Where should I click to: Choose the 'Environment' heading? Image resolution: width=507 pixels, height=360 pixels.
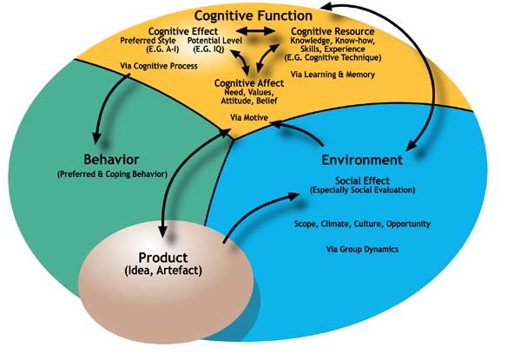(361, 160)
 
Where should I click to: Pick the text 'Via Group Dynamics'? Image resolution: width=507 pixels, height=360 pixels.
(361, 248)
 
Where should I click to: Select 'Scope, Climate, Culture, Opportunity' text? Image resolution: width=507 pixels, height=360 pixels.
(361, 224)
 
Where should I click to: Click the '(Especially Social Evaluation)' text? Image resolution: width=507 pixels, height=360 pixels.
(361, 190)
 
